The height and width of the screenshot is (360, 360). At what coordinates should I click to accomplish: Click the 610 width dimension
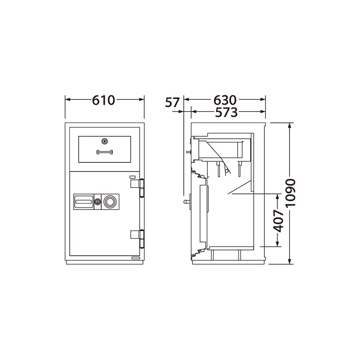pos(103,100)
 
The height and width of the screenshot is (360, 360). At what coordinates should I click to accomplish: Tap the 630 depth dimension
pos(225,100)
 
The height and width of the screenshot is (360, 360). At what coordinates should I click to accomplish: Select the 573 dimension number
pos(226,112)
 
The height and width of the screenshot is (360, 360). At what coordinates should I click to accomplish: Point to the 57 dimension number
pos(172,102)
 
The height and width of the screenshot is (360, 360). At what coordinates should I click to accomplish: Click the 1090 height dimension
pos(291,193)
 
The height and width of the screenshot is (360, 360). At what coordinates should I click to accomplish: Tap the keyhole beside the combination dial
pos(98,202)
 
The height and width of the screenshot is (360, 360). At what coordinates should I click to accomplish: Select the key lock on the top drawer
pos(105,141)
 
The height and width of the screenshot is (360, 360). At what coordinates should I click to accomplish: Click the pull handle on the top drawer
pos(104,152)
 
